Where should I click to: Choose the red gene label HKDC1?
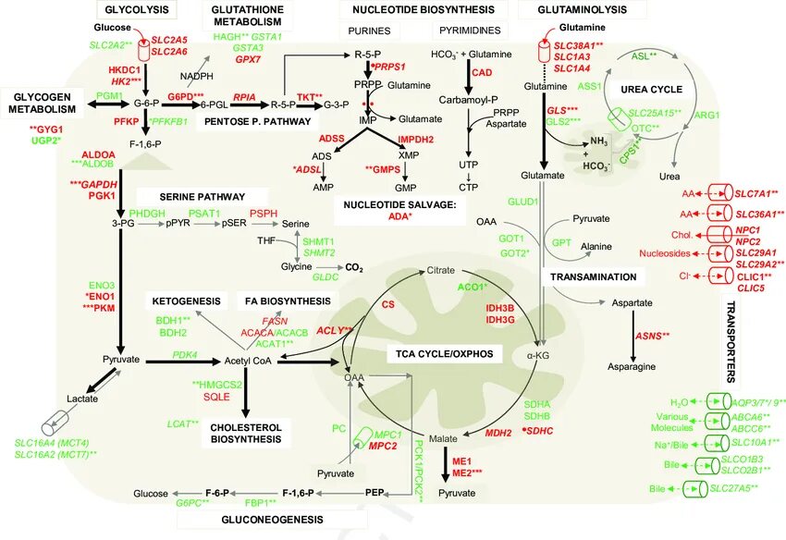pos(124,70)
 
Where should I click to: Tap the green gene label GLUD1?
pos(522,201)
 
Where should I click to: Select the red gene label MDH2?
pos(498,432)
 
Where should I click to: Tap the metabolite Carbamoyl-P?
pos(469,99)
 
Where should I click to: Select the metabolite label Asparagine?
pos(632,366)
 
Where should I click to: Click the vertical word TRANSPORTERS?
pos(730,343)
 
